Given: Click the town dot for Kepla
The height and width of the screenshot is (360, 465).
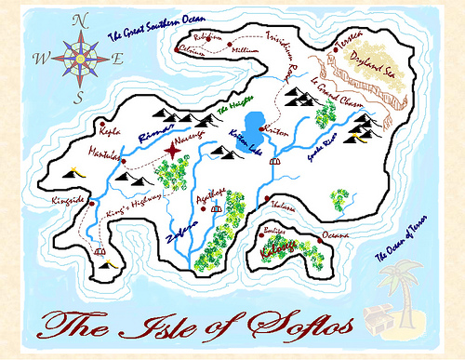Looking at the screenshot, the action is [101, 122].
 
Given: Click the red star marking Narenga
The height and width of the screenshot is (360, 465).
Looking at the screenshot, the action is [174, 150].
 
